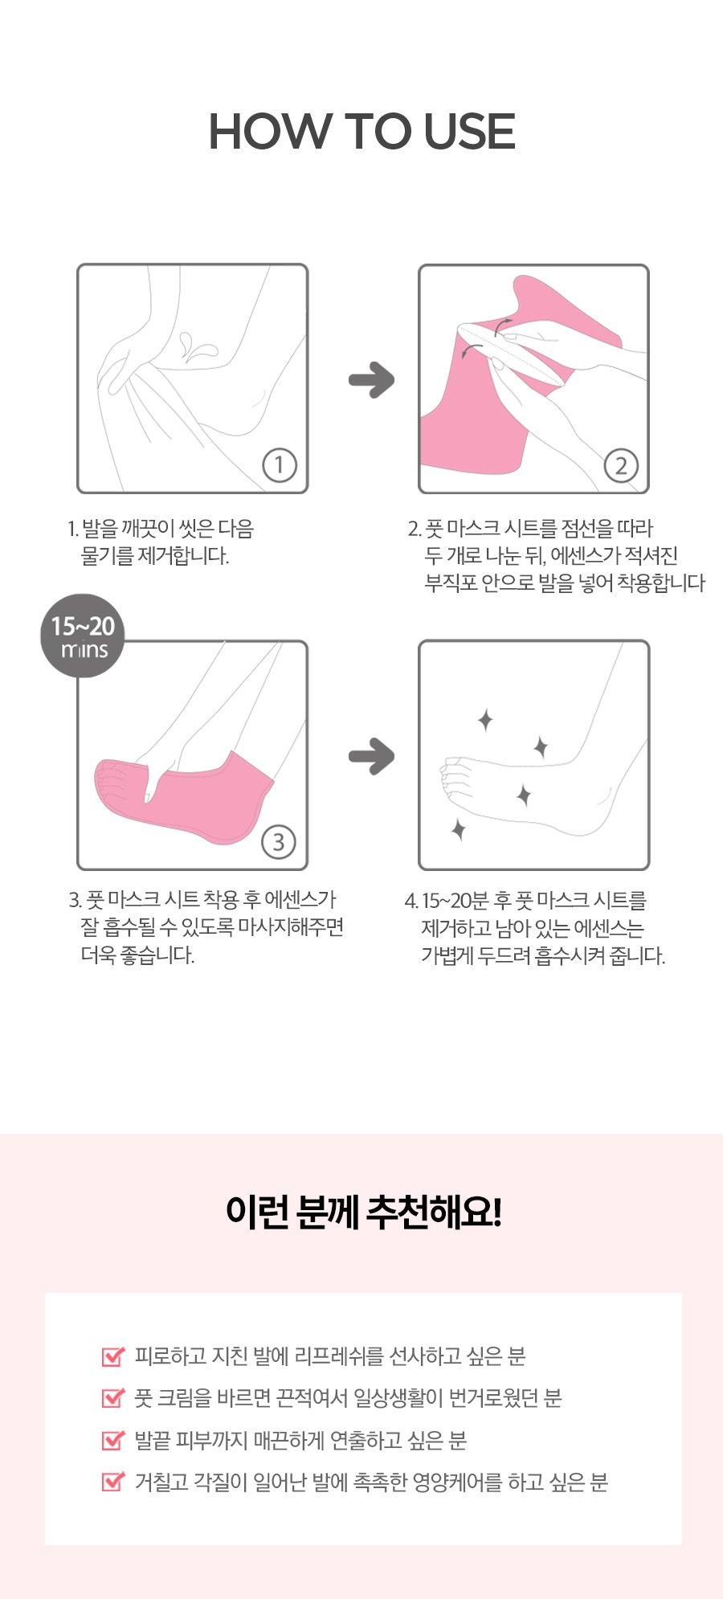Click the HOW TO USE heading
point(361,132)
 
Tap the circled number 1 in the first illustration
point(279,465)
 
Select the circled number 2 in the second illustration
point(620,465)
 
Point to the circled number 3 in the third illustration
point(279,841)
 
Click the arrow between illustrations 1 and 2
point(371,379)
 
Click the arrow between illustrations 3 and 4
point(371,755)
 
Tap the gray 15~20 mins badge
point(83,636)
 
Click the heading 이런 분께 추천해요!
point(363,1212)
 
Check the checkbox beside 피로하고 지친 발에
point(113,1356)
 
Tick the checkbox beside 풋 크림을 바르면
point(113,1397)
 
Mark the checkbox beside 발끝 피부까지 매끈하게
point(113,1439)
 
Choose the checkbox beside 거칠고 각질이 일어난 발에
point(113,1481)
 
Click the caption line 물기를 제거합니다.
point(155,556)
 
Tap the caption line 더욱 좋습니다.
point(137,955)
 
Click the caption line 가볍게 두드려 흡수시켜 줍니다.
point(543,956)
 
